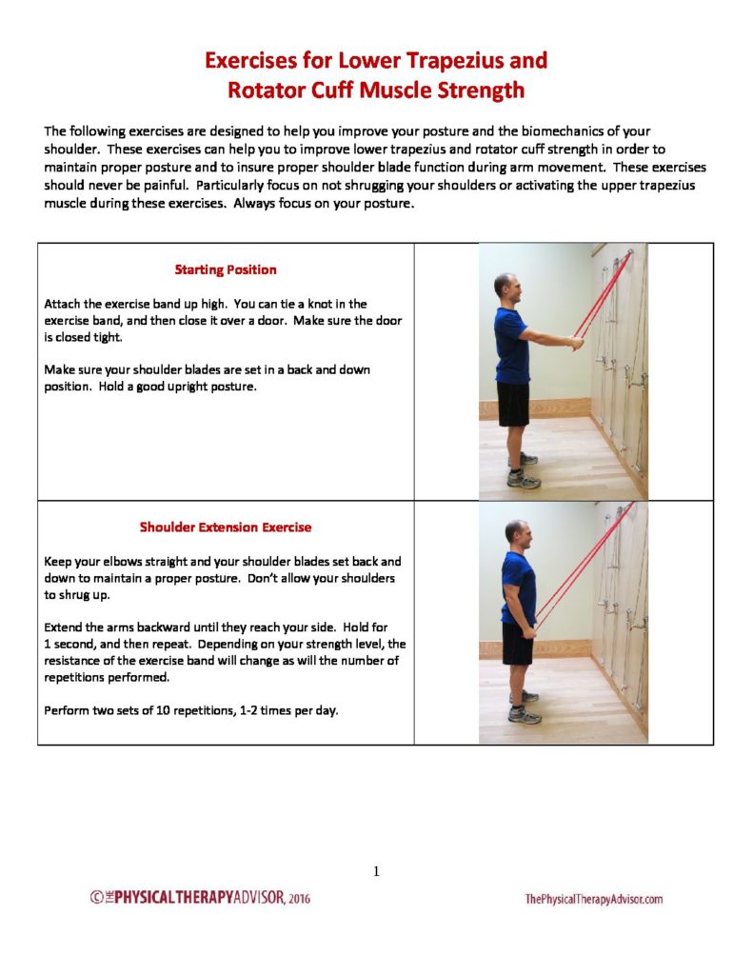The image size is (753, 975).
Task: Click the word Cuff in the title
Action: (332, 90)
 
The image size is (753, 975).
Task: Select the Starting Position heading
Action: (225, 269)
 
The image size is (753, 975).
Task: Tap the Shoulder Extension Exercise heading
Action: (225, 527)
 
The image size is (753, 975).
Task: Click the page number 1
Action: (376, 871)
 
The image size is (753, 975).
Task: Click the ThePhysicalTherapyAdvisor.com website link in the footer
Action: (594, 899)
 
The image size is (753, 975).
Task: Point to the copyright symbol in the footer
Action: (96, 897)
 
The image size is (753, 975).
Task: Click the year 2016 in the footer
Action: (299, 898)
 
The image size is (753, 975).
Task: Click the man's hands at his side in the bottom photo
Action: (528, 632)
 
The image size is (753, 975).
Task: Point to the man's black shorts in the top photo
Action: (513, 404)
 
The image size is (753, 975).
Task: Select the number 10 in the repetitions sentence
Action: (163, 710)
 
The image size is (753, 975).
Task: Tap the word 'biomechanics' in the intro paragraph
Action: (562, 131)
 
